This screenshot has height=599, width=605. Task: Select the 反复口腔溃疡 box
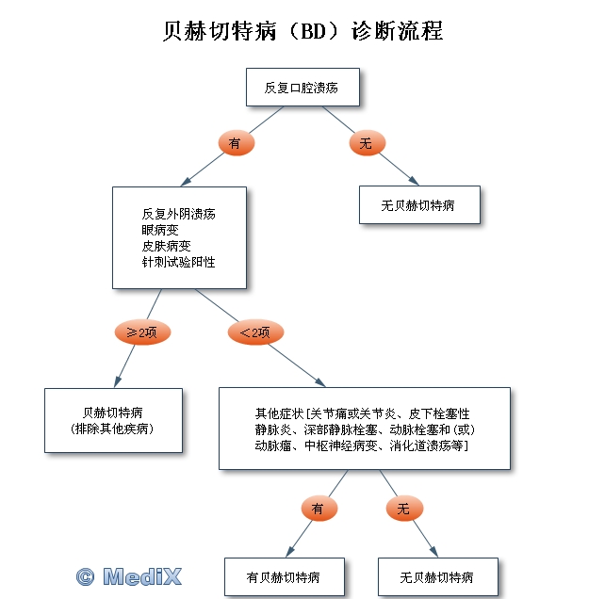(301, 88)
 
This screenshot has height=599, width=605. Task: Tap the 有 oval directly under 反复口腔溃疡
(236, 143)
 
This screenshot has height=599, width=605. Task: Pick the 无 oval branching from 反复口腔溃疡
(367, 143)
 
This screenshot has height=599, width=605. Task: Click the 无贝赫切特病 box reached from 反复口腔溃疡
(419, 204)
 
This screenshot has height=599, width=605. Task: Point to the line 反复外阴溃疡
(178, 214)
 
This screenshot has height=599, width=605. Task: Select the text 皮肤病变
(166, 246)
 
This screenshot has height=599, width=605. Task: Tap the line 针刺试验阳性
(178, 262)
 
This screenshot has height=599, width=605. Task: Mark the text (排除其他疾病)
(112, 429)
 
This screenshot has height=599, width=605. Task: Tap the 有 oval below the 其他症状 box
(318, 509)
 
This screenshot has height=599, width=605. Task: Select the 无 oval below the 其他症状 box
(403, 509)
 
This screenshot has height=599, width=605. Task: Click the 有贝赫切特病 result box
(283, 576)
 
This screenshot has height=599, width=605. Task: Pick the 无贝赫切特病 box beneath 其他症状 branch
(436, 576)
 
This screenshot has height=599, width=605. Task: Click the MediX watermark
(130, 575)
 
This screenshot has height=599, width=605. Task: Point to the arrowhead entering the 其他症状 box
(322, 383)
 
